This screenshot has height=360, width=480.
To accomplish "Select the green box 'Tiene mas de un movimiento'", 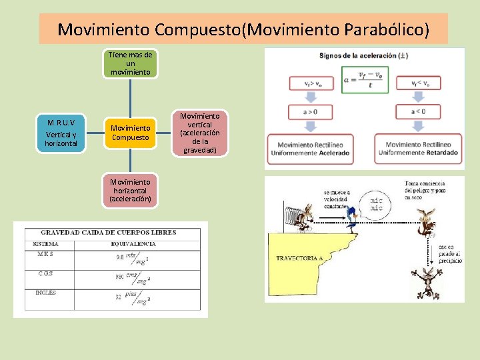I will pos(131,63).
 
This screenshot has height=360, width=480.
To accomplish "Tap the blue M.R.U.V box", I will pos(61,133).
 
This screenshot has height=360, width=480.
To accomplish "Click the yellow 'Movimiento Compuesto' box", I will pos(131,133).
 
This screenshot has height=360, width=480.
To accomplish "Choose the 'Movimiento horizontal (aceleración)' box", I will pos(131,190).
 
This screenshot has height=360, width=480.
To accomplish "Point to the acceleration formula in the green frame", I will pos(364,79).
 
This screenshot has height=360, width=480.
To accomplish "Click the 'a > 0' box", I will pos(310,111).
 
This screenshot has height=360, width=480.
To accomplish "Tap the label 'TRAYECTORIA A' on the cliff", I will pos(299,258).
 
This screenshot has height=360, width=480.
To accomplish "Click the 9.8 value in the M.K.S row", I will pos(119,257).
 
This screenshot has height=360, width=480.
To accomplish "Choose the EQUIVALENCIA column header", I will pos(133,243).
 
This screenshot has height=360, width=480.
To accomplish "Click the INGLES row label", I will pos(46,291).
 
